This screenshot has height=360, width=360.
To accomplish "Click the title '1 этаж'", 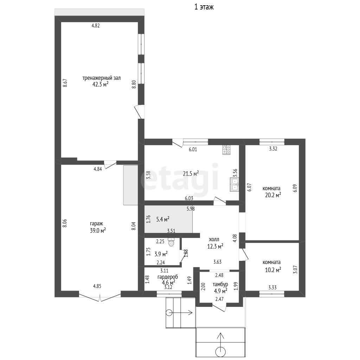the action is pos(204,7).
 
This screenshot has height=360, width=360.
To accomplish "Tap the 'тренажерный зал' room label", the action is pos(102,78).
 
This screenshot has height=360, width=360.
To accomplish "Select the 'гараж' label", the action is pos(96,224).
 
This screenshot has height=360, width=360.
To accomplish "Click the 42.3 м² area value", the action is pos(100,84).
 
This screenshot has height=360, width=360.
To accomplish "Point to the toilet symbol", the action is pos(171,242).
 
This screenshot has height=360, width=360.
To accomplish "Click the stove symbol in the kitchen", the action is pos(226,150).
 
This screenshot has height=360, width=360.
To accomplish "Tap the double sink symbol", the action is pos(234,185).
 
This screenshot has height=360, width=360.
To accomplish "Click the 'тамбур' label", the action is pos(220,284).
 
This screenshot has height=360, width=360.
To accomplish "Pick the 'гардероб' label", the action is pos(168,277).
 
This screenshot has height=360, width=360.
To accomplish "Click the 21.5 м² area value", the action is pos(191,174).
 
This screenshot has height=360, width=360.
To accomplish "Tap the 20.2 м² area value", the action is pos(273,195).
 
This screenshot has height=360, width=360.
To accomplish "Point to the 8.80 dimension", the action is pos(134,84).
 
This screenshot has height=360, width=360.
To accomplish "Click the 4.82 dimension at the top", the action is pos(96,26).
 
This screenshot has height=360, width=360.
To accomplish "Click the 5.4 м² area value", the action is pos(163,219).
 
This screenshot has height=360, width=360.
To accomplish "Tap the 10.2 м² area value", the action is pos(273,270).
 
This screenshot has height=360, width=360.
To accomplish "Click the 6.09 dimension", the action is pos(295,188).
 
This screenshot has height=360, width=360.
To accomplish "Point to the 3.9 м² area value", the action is pos(161,254).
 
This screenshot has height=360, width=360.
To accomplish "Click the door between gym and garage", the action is pos(110,164).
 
